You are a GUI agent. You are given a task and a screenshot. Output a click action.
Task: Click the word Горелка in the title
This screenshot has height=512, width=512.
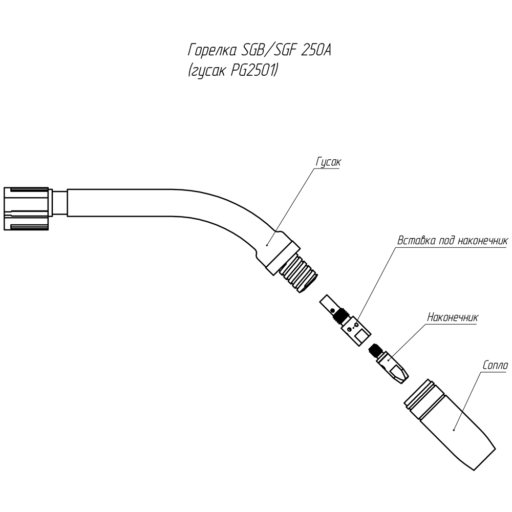pos(212,50)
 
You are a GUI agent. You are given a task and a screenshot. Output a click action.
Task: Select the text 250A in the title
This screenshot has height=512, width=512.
pos(315,50)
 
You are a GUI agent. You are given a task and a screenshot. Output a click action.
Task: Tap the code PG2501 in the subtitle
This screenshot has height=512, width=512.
pos(253,70)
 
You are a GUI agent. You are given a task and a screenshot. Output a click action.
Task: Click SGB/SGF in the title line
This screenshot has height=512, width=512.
pos(268,50)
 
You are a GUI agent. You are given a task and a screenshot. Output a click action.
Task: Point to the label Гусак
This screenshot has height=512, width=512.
pos(328,162)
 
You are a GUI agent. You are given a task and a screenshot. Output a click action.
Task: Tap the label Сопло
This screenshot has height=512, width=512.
pos(495,365)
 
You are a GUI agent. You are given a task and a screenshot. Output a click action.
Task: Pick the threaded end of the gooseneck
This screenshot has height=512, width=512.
pos(299,273)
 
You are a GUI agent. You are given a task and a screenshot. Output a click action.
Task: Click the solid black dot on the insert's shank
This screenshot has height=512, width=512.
pos(332,310)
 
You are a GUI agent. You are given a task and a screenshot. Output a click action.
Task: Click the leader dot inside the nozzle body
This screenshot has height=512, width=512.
pos(454,430)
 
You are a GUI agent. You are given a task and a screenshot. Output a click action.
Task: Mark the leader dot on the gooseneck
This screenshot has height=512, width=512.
pos(267,245)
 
